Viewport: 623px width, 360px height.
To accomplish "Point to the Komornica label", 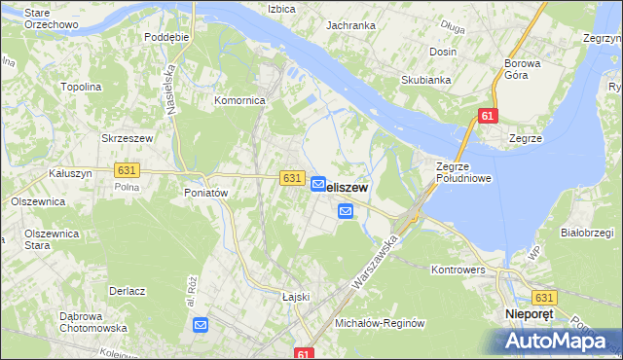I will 239,100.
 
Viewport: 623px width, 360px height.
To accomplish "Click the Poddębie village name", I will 165,36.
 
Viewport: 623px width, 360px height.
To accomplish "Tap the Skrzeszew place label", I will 128,139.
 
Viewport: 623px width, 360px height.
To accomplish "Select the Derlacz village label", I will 128,291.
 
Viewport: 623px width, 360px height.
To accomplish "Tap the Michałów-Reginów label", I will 380,323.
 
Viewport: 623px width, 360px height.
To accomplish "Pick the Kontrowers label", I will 458,269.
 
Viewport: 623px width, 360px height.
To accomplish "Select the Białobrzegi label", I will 586,234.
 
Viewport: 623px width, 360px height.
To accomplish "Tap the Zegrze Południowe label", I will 463,172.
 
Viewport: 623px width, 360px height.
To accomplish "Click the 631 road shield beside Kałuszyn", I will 127,170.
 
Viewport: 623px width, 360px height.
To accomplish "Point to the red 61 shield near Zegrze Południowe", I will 488,116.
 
